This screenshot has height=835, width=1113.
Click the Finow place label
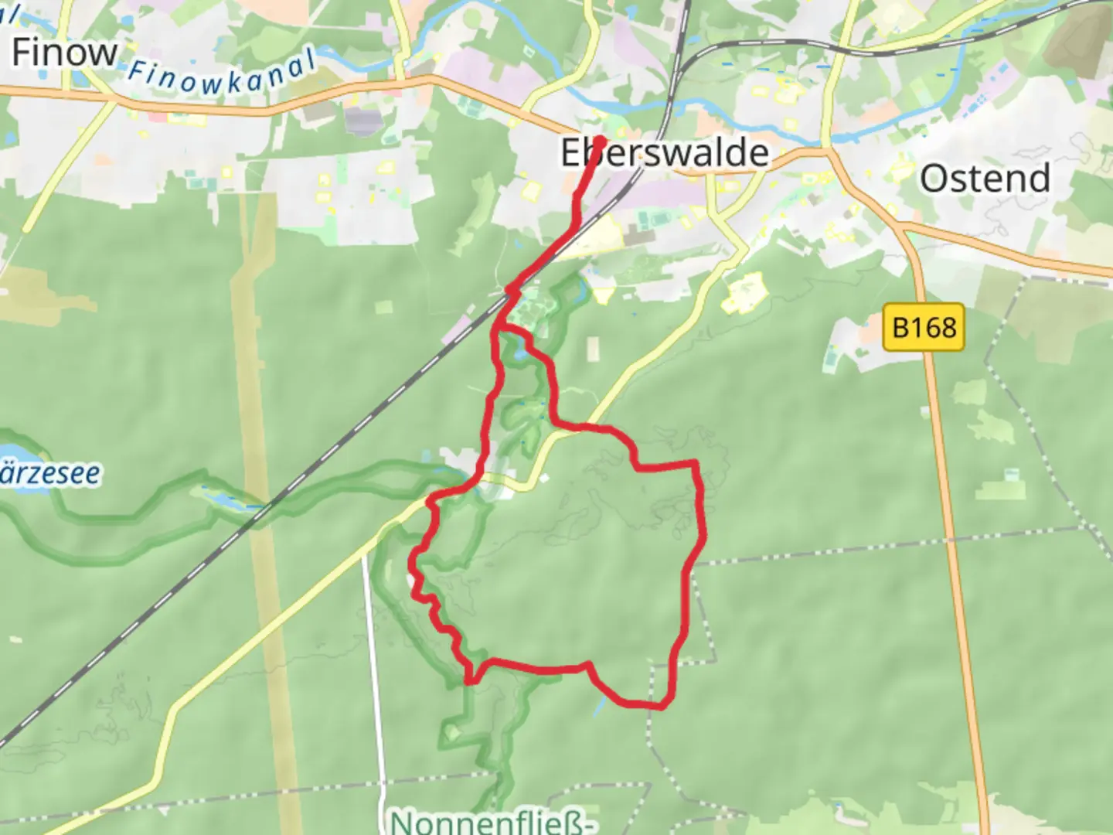point(65,53)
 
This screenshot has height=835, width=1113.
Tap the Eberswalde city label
point(665,153)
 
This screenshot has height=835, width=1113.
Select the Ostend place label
point(985,178)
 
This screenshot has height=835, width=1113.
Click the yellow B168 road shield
point(924,327)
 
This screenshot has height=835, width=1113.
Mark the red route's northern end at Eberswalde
point(599,141)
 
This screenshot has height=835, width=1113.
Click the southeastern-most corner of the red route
point(662,706)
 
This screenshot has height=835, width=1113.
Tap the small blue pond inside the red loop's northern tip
point(520,354)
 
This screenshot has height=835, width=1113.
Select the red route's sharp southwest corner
point(469,681)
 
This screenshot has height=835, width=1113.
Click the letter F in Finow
point(22,53)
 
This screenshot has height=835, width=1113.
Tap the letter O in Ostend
point(932,179)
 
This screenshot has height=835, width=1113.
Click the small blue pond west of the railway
point(224,502)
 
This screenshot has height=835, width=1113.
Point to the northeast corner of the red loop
point(696,463)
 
